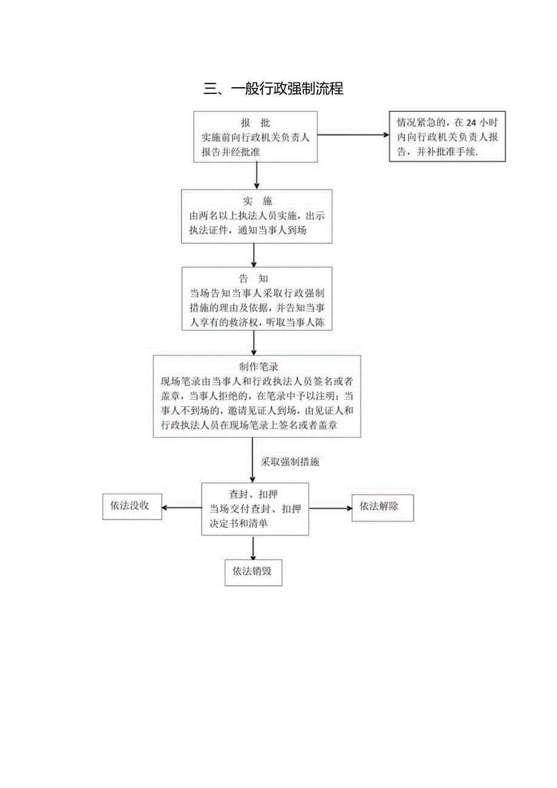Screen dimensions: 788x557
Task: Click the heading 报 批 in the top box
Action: click(255, 124)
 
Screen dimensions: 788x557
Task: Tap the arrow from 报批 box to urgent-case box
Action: click(353, 135)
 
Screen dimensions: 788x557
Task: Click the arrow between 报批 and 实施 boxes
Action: click(256, 176)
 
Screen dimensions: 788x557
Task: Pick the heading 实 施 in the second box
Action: click(257, 202)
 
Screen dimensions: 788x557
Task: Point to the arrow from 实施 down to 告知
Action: click(254, 255)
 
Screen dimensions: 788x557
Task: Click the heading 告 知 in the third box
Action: click(254, 279)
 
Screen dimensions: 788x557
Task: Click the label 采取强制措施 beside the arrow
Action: click(289, 462)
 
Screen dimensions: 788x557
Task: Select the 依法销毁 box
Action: click(253, 572)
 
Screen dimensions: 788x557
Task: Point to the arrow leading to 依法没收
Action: click(182, 509)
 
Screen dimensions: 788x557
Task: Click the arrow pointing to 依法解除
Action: click(331, 509)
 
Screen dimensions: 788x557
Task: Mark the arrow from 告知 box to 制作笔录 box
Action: click(254, 343)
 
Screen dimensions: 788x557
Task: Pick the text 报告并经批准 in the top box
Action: click(231, 152)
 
